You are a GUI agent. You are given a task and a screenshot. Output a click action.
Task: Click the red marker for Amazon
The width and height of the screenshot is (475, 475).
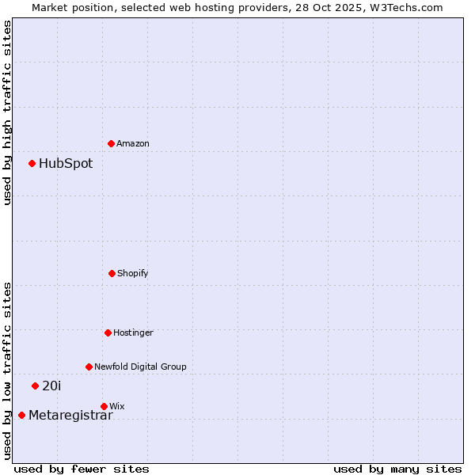click(112, 143)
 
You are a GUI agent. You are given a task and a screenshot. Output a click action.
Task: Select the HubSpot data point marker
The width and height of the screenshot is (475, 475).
click(32, 164)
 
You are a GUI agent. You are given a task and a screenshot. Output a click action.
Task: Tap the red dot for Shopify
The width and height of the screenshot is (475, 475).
click(112, 273)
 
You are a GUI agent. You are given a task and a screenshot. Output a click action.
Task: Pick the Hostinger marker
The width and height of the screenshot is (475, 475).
click(108, 332)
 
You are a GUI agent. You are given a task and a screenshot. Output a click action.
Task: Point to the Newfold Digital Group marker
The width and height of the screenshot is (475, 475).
click(89, 367)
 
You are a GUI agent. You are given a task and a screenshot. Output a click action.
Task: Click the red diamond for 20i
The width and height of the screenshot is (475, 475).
click(35, 386)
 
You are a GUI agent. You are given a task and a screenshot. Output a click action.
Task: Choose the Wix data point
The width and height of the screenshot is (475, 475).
click(104, 406)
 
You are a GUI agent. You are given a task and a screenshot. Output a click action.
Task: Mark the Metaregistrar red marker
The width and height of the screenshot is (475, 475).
click(21, 415)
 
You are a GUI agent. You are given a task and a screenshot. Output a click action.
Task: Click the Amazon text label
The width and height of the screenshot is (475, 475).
click(133, 143)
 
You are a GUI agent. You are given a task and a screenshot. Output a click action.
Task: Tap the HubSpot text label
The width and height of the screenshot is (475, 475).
click(66, 164)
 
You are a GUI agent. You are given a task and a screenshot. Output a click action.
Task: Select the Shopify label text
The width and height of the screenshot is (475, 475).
click(133, 273)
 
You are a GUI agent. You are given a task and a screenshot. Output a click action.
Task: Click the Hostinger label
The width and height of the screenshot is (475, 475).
click(133, 332)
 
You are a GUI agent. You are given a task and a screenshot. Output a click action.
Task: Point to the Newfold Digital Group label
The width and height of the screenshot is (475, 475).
click(140, 367)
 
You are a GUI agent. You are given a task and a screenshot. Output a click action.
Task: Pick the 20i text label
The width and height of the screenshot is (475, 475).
click(51, 386)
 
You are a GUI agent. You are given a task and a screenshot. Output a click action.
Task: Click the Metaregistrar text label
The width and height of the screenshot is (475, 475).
click(70, 416)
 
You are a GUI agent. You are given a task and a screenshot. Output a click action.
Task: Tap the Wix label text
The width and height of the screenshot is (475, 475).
click(117, 406)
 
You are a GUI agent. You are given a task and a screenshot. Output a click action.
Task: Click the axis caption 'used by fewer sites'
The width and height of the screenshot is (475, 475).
click(82, 469)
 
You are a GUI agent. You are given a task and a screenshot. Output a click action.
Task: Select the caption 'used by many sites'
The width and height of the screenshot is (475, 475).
click(397, 469)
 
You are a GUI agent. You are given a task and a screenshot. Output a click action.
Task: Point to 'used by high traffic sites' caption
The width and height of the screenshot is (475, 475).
click(7, 112)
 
